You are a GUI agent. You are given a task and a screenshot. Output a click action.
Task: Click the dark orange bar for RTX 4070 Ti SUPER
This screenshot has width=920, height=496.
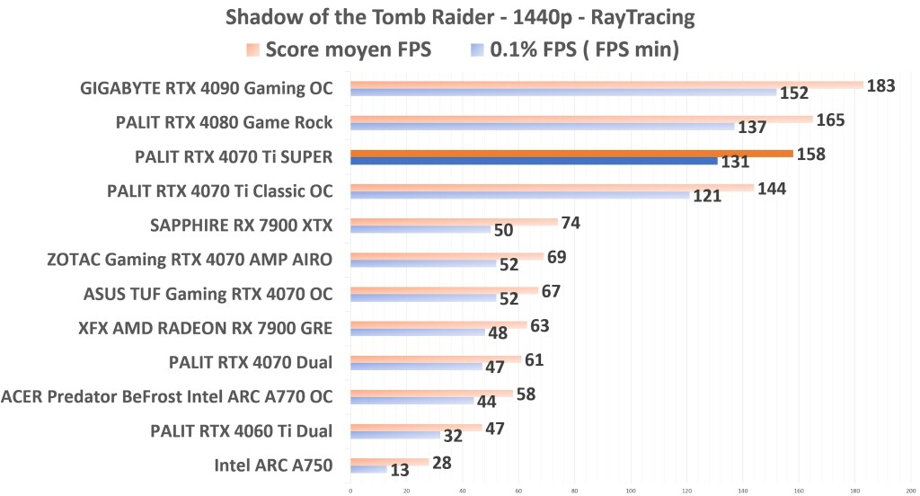[x=571, y=153]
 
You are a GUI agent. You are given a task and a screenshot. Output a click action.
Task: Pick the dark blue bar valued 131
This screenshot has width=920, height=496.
[x=534, y=161]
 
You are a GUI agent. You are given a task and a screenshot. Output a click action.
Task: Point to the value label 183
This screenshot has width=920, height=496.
[x=880, y=85]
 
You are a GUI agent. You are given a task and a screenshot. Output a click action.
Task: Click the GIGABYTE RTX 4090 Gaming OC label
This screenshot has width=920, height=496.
[x=207, y=88]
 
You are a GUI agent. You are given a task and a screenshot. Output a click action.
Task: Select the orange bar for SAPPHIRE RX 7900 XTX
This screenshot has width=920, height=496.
[x=454, y=221]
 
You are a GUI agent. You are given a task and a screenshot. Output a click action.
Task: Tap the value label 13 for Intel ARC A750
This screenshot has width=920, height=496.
[x=401, y=470]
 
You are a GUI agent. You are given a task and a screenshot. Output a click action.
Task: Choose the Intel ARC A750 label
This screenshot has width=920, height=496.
[x=273, y=465]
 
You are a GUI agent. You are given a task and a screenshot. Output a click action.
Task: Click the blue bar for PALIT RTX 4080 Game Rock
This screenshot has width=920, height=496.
[x=542, y=127]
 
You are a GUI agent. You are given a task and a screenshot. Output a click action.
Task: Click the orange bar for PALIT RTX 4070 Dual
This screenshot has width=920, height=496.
[x=436, y=359]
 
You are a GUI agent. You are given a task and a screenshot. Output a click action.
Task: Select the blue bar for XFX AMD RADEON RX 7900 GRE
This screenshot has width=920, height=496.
[x=417, y=332]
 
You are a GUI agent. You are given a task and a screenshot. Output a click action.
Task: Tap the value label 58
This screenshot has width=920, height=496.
[x=527, y=394]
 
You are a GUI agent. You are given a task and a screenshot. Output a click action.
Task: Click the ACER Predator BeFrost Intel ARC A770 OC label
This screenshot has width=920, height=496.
[x=167, y=396]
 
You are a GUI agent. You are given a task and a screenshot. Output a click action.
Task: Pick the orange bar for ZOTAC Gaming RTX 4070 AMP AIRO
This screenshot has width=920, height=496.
[x=447, y=255]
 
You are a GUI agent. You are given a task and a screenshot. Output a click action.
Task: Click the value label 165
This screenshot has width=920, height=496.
[x=829, y=120]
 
